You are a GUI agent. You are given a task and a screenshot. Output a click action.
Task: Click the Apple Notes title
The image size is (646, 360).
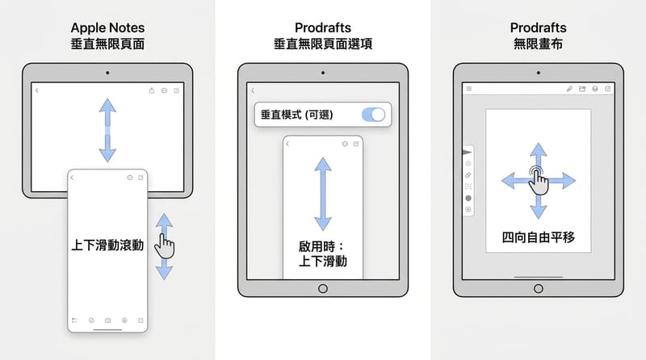click(x=107, y=27)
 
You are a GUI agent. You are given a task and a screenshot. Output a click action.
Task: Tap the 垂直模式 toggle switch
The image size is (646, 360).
click(x=374, y=115)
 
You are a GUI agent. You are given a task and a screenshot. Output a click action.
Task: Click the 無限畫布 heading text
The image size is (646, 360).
click(x=539, y=44)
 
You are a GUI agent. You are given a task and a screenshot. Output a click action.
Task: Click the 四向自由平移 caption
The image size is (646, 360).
click(x=538, y=237)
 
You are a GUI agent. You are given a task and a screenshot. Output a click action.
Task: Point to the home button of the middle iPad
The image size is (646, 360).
click(x=323, y=288)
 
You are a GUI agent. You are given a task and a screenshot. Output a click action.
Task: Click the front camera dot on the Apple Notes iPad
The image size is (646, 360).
click(x=107, y=73)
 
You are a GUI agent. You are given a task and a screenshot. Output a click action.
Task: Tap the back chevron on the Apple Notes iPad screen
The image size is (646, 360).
click(x=37, y=90)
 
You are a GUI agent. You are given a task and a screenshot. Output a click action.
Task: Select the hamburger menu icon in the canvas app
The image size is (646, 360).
click(x=469, y=88)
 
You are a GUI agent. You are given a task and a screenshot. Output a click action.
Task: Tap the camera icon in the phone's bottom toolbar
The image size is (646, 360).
click(x=107, y=320)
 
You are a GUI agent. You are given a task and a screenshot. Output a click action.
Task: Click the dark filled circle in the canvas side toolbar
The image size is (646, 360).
click(x=468, y=198)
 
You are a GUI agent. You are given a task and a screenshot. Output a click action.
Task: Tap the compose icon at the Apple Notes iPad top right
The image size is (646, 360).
click(x=178, y=90)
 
